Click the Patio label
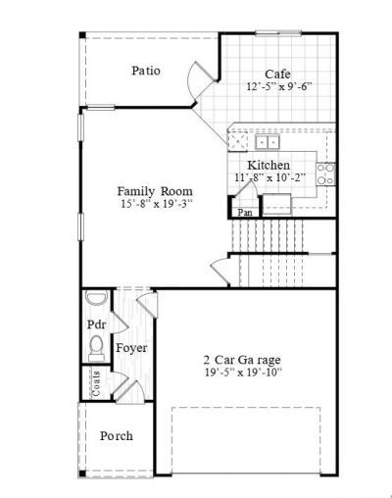coord(146,71)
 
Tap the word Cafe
coord(277,74)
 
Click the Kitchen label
coord(268,164)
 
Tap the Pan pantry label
coord(245,211)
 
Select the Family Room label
coord(154,190)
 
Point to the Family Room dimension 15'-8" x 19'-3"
coord(157,204)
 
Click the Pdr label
coord(96,324)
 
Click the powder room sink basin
coord(94,300)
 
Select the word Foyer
coord(132,348)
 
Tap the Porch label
coord(117,435)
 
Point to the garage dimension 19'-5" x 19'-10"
coord(242,373)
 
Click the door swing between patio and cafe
coord(198,80)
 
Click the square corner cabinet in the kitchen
coord(238,142)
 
